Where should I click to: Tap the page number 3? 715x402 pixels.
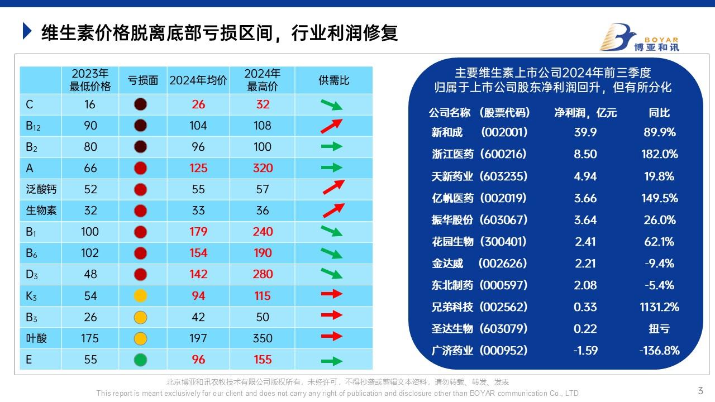pyautogui.click(x=700, y=390)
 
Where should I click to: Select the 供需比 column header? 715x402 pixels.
pyautogui.click(x=333, y=80)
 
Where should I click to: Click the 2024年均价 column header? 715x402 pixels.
pyautogui.click(x=198, y=80)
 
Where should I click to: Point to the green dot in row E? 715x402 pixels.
pyautogui.click(x=140, y=360)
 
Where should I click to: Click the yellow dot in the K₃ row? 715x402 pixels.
pyautogui.click(x=140, y=296)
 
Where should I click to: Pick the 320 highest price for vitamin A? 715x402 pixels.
pyautogui.click(x=263, y=168)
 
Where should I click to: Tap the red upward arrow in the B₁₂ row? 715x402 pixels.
pyautogui.click(x=331, y=126)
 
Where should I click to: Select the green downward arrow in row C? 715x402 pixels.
pyautogui.click(x=331, y=105)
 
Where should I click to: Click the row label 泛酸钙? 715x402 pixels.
pyautogui.click(x=41, y=189)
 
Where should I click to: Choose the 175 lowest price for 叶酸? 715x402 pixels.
pyautogui.click(x=90, y=338)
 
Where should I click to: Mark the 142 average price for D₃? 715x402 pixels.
pyautogui.click(x=198, y=274)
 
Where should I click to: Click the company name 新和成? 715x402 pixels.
pyautogui.click(x=447, y=132)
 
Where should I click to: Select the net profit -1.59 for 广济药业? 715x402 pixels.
pyautogui.click(x=585, y=351)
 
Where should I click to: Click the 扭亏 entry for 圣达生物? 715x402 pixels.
pyautogui.click(x=659, y=329)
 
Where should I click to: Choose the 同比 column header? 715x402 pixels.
pyautogui.click(x=659, y=113)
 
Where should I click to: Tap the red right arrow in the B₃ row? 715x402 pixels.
pyautogui.click(x=332, y=315)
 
